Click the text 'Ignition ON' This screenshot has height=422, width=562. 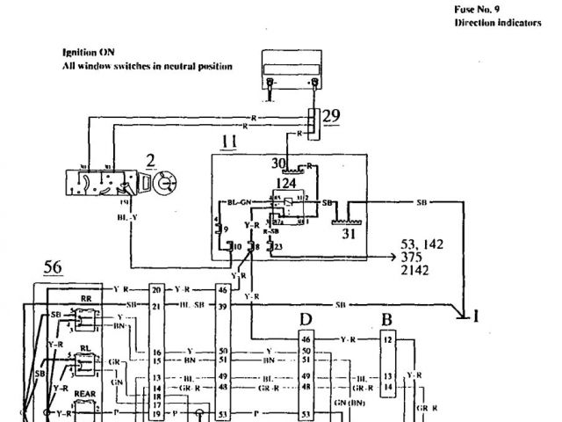pyautogui.click(x=88, y=53)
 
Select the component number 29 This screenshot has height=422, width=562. pyautogui.click(x=331, y=115)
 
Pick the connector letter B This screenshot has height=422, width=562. pyautogui.click(x=387, y=318)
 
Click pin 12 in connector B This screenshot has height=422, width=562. pyautogui.click(x=387, y=338)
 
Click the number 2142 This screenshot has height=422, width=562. pyautogui.click(x=414, y=271)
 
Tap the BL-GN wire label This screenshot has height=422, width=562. pyautogui.click(x=240, y=201)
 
